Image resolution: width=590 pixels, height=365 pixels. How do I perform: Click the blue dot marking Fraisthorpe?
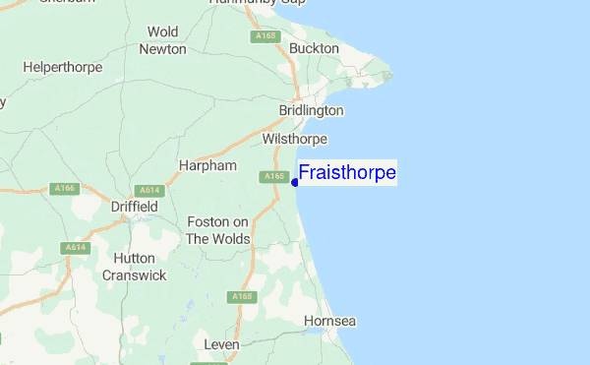click(x=295, y=182)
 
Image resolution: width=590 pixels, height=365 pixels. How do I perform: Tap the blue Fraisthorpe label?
click(x=347, y=173)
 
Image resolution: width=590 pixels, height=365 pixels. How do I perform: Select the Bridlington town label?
click(x=311, y=111)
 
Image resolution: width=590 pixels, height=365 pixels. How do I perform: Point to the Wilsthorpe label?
click(x=294, y=140)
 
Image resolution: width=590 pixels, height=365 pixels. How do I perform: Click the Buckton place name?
click(x=314, y=48)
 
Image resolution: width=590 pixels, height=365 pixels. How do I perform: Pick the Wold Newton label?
click(x=163, y=40)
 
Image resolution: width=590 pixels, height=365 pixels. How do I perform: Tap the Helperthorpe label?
click(x=61, y=67)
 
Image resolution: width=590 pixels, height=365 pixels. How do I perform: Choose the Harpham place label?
click(x=208, y=165)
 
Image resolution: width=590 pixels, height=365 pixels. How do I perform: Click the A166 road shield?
click(x=65, y=186)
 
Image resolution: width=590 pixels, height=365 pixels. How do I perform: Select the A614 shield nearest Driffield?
click(x=149, y=190)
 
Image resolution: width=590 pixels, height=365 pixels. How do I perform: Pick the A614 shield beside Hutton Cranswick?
click(x=75, y=247)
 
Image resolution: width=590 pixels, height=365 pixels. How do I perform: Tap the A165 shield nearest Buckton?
click(x=264, y=36)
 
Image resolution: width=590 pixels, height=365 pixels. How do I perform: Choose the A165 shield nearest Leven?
click(x=242, y=296)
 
